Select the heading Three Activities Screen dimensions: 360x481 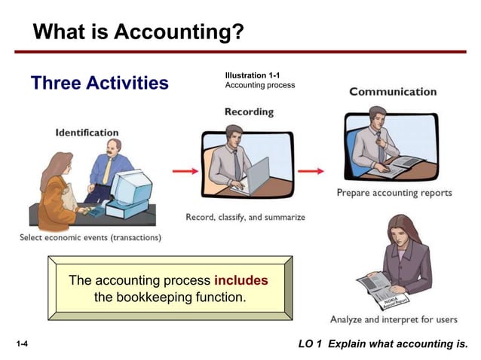[100, 83]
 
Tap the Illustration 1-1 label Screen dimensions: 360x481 [252, 75]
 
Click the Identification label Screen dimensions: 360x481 [87, 133]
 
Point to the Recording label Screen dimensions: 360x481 [249, 112]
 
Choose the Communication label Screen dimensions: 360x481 [393, 92]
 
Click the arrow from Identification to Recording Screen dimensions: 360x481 [186, 171]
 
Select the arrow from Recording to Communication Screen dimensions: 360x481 [311, 171]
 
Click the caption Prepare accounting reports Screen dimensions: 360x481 [394, 193]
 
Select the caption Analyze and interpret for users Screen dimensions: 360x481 [394, 319]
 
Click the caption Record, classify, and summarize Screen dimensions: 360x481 [245, 217]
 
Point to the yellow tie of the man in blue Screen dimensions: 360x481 [108, 169]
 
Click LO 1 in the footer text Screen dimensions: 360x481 [310, 345]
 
